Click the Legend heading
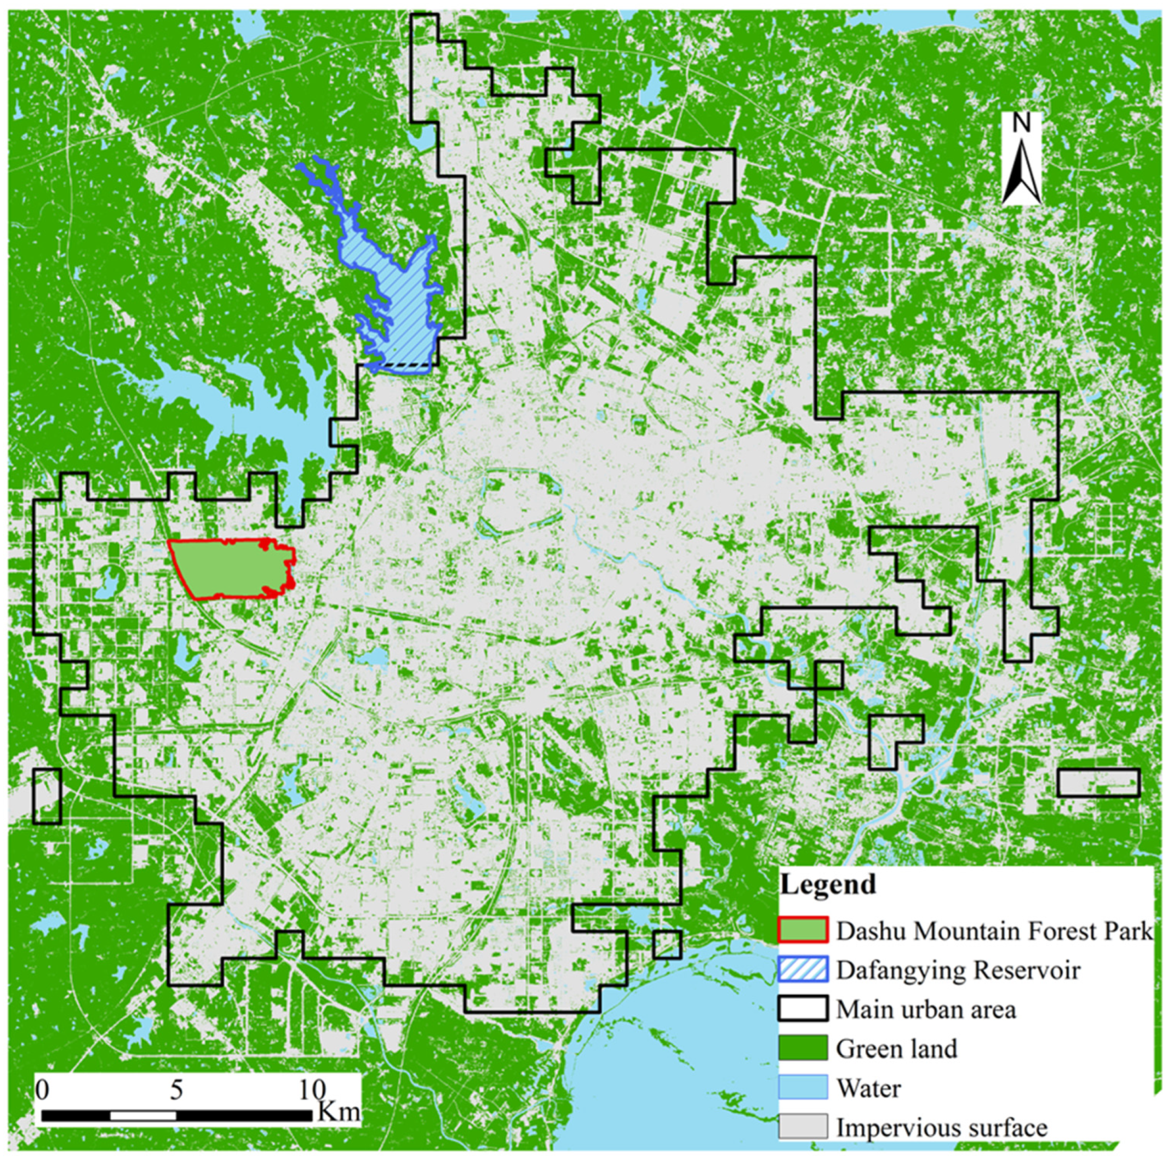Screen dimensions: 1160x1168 pos(828,884)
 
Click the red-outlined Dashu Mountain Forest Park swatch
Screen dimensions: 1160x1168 pos(802,929)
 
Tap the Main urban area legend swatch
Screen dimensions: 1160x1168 pos(802,1009)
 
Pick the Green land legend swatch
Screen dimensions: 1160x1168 pos(802,1048)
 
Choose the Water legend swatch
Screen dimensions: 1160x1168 pos(802,1087)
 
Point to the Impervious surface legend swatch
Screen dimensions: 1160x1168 pos(802,1126)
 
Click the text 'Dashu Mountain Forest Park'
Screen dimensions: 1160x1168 pos(994,931)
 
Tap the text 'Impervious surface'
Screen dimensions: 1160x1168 pos(941,1127)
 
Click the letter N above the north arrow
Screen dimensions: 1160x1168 pos(1021,123)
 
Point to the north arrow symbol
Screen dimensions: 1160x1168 pos(1021,173)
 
